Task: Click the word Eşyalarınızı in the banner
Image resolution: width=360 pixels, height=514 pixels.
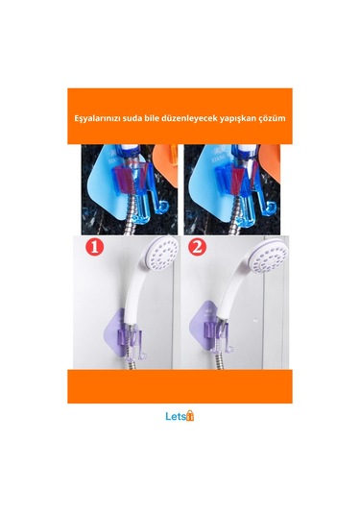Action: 96,118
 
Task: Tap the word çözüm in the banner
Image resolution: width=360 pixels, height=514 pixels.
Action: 275,118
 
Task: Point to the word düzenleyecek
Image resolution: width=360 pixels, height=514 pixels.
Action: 190,118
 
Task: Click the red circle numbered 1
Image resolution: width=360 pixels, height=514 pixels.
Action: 95,247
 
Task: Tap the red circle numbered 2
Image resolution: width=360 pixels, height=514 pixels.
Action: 197,247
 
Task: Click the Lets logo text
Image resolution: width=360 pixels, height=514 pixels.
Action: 176,416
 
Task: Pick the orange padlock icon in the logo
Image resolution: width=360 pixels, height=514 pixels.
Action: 190,416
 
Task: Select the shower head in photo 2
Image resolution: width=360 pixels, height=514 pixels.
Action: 269,255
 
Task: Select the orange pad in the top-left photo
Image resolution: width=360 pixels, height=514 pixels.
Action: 166,164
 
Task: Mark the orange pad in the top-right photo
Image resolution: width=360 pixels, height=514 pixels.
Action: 272,162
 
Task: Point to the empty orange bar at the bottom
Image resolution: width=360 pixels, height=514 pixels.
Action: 180,386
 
